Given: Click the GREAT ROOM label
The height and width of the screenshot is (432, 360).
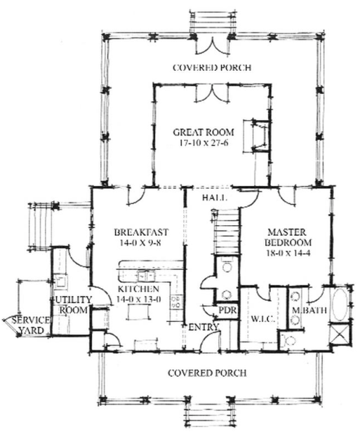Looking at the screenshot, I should [x=203, y=131].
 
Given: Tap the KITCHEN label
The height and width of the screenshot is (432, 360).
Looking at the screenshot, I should [x=138, y=289].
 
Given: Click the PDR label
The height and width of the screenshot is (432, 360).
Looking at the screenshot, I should [x=226, y=309].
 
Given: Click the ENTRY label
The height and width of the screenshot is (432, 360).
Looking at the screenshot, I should [x=204, y=327].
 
